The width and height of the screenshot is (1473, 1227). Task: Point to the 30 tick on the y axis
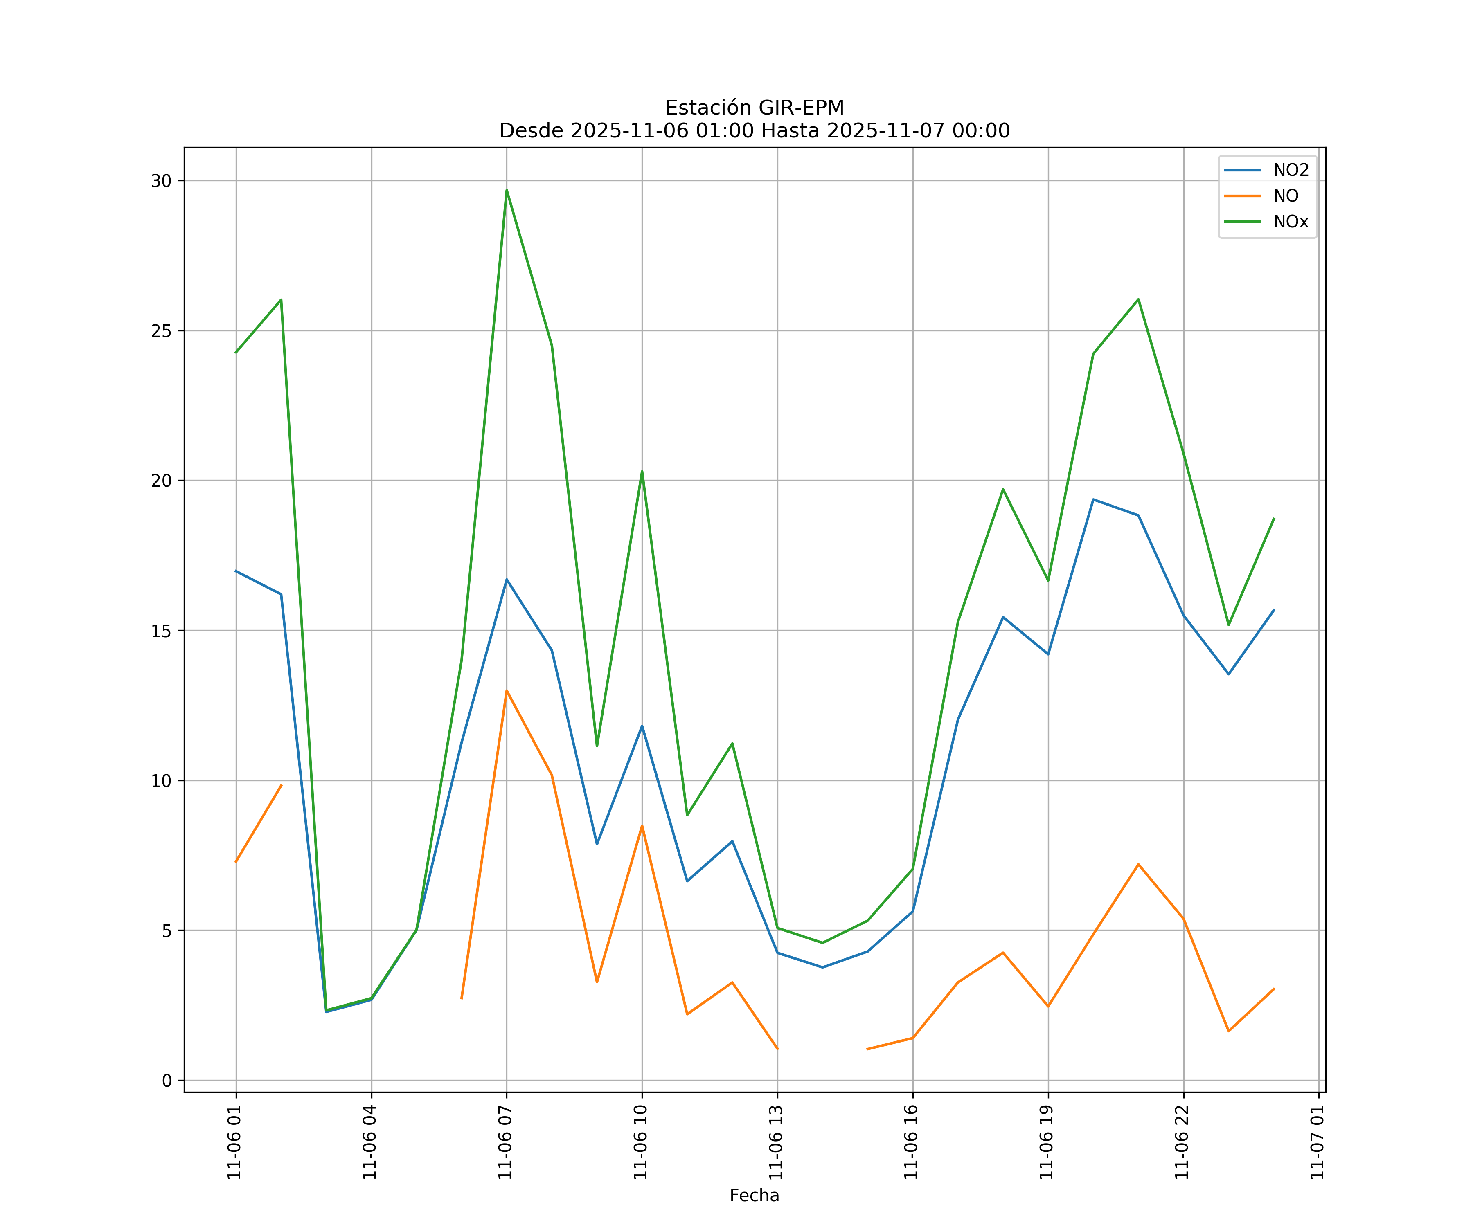pos(161,181)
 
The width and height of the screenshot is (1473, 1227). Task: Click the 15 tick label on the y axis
pos(161,630)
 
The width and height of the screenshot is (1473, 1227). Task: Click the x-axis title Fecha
pos(754,1196)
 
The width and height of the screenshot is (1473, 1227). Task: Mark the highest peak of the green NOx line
pos(507,190)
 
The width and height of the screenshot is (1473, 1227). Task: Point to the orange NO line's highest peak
pos(507,691)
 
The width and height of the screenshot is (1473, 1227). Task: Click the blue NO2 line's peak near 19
pos(1093,499)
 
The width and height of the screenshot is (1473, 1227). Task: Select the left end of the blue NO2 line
pos(236,571)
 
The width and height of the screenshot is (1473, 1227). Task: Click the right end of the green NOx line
pos(1274,519)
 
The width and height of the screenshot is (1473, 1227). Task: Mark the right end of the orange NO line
pos(1274,989)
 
